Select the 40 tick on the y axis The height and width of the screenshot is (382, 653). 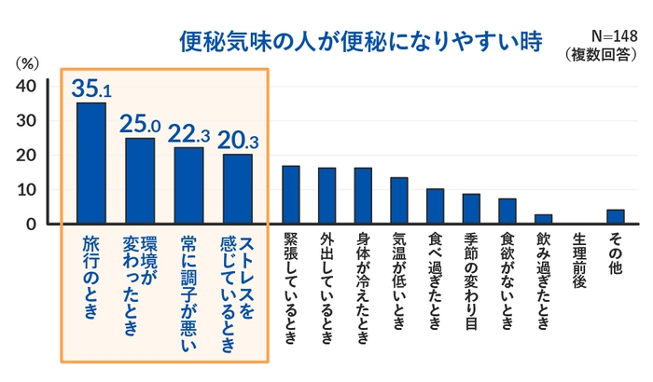[27, 86]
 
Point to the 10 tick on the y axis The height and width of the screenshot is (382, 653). [27, 190]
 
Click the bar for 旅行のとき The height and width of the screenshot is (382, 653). [90, 163]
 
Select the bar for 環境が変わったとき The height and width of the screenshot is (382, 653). [139, 181]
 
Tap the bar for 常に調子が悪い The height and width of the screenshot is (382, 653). [188, 185]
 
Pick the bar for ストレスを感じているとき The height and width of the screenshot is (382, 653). [237, 189]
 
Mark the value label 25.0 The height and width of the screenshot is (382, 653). [139, 123]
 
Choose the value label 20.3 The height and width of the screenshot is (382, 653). [237, 139]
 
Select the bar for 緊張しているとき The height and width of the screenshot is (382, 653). [291, 195]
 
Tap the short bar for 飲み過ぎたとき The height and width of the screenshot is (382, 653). [543, 219]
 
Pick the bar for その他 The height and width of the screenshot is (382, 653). [615, 216]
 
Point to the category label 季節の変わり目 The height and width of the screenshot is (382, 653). [471, 280]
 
